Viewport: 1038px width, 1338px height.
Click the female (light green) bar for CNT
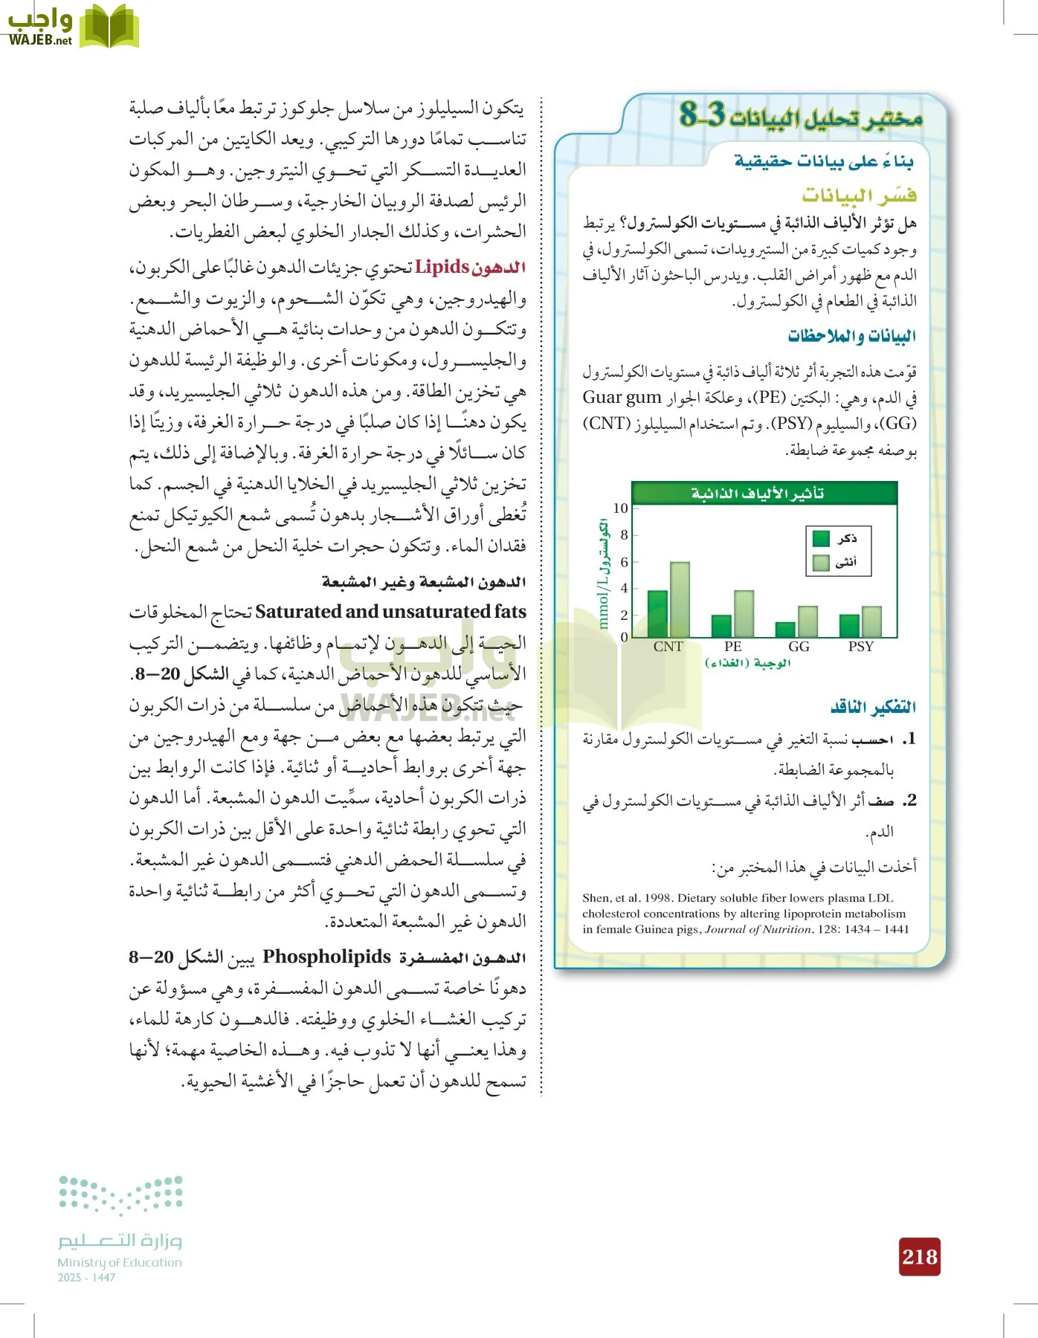click(x=680, y=600)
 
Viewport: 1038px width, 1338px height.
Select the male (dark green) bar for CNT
click(x=657, y=614)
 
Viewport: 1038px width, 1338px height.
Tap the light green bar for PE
click(x=744, y=614)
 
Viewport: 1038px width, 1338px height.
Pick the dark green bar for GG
click(x=785, y=630)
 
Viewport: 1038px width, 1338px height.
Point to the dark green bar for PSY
click(x=849, y=626)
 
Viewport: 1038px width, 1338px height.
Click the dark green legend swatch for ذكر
click(x=821, y=538)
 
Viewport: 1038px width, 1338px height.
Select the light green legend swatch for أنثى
click(x=821, y=563)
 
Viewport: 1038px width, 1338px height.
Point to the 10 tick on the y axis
click(x=621, y=508)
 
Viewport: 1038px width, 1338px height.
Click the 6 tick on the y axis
click(x=624, y=562)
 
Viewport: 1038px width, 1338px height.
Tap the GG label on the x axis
click(x=799, y=647)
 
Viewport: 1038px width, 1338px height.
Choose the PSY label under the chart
click(x=860, y=647)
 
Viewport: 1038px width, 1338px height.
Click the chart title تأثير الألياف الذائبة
click(x=757, y=494)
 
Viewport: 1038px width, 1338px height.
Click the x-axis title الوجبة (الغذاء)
click(x=747, y=663)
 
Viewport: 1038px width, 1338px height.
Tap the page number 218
click(x=920, y=1257)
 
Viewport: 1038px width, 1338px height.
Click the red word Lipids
click(x=442, y=267)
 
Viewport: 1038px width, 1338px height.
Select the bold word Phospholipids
click(x=326, y=957)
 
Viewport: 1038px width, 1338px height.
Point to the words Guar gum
click(x=622, y=398)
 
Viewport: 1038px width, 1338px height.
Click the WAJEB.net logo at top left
click(x=72, y=27)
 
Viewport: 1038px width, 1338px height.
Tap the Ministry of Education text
click(x=120, y=1262)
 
